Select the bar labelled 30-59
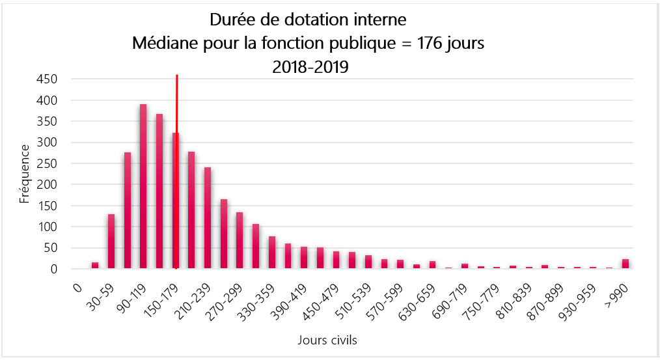pyautogui.click(x=111, y=241)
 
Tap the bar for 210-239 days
pyautogui.click(x=208, y=218)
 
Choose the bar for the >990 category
pyautogui.click(x=626, y=264)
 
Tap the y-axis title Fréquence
pyautogui.click(x=25, y=173)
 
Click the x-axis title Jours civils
pyautogui.click(x=327, y=340)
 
